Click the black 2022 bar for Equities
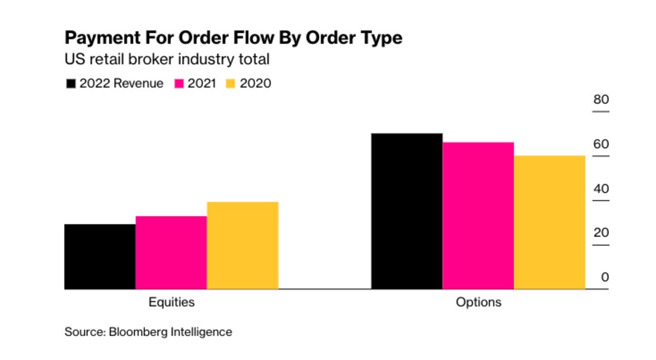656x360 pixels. (100, 256)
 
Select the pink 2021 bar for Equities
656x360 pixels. (171, 252)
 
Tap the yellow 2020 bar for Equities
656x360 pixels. (243, 245)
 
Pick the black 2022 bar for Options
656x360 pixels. (407, 211)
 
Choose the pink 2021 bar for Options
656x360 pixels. (478, 215)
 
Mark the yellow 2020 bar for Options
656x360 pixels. (549, 222)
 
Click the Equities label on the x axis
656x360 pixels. (172, 302)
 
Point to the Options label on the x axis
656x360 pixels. (478, 302)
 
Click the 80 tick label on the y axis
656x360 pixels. (601, 100)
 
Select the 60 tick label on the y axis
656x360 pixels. (601, 144)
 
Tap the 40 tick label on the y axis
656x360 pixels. (601, 189)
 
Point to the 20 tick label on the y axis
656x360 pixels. (601, 233)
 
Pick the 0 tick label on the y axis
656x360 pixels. (605, 278)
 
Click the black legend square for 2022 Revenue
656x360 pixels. (71, 84)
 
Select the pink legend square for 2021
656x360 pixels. (179, 84)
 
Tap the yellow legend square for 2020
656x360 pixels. (231, 84)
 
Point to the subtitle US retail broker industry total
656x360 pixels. (167, 59)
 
